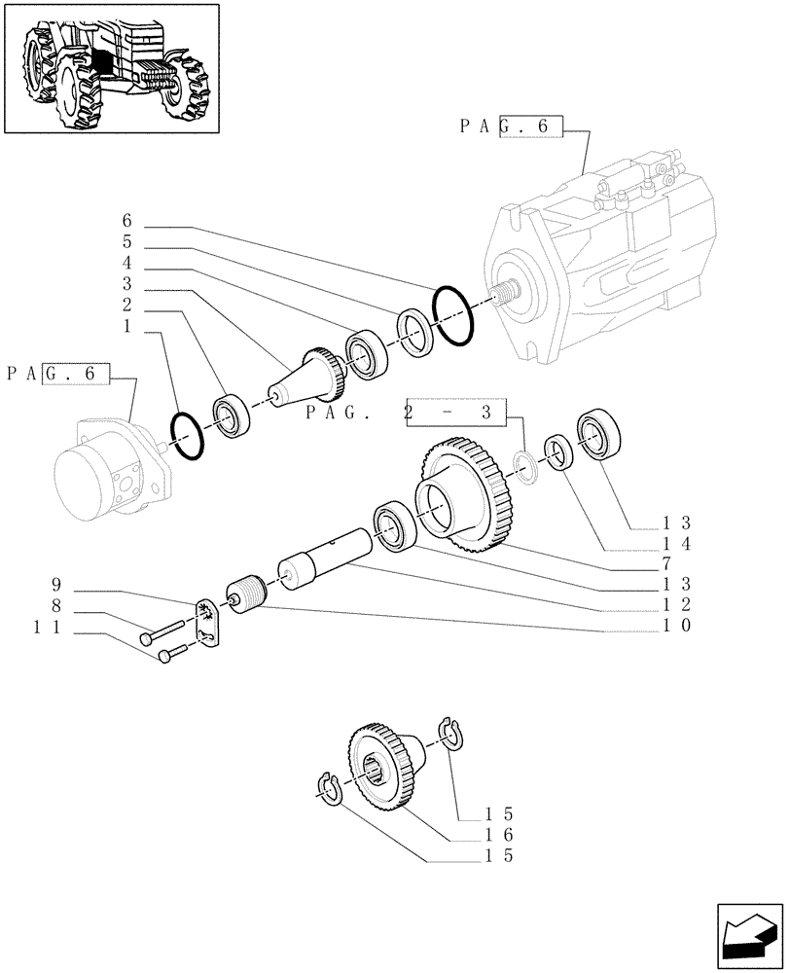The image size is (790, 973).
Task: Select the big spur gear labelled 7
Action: [x=465, y=496]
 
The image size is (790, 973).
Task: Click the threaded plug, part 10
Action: [x=244, y=595]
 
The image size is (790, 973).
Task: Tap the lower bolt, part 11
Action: [x=180, y=654]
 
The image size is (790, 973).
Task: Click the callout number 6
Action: [x=127, y=221]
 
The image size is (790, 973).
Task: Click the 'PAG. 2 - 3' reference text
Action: [x=406, y=414]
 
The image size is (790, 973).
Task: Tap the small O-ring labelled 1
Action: [x=187, y=437]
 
